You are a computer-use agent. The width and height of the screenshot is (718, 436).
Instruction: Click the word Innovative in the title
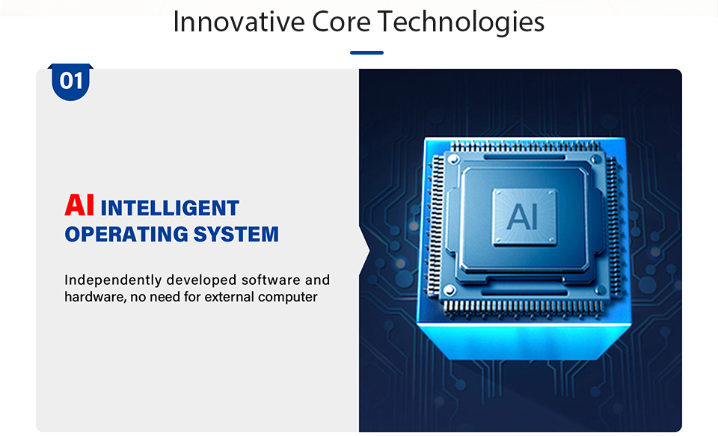(x=239, y=22)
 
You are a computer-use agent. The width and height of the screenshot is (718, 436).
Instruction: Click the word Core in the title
(x=341, y=22)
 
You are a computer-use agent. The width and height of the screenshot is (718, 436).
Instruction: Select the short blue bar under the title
(x=366, y=52)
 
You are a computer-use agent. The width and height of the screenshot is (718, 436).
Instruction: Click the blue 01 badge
(x=70, y=82)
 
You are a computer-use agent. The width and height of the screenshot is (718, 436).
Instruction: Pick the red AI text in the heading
(x=79, y=205)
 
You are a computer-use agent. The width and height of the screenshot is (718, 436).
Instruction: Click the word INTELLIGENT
(x=170, y=208)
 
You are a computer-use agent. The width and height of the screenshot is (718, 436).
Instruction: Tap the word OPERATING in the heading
(x=126, y=234)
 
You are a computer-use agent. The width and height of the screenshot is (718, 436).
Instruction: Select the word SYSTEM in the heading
(x=236, y=234)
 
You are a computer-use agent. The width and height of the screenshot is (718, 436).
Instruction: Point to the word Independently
(x=113, y=280)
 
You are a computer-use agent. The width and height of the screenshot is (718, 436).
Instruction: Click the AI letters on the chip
(x=523, y=217)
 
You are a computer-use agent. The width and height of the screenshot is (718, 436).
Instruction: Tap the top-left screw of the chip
(x=453, y=159)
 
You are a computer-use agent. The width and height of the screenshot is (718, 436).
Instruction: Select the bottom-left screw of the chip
(x=449, y=290)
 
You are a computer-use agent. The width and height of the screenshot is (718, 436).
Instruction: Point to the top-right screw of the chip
(x=596, y=159)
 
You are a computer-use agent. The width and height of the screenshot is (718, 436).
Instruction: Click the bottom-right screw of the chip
(x=599, y=289)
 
